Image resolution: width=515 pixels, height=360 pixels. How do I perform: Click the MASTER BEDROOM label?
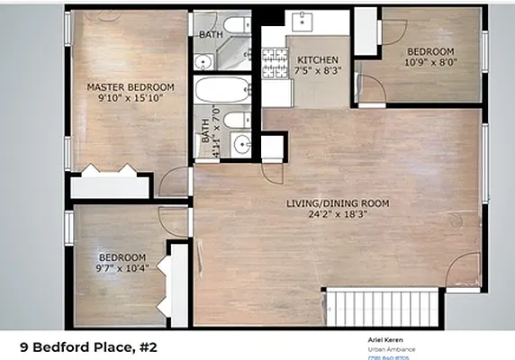pos(131,87)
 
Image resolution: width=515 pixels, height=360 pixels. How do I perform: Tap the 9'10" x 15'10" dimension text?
pos(131,99)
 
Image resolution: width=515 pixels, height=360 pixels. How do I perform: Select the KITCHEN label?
pos(317,60)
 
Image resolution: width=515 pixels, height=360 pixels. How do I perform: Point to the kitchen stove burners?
pos(273,60)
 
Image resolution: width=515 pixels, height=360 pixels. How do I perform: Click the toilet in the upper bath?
pos(236,25)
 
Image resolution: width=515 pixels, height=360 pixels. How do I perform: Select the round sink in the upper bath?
pos(203,62)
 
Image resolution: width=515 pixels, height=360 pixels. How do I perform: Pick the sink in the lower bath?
pos(239,143)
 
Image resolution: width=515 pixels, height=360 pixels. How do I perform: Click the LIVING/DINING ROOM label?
pos(338,204)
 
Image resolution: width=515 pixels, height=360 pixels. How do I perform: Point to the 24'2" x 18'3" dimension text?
pos(338,216)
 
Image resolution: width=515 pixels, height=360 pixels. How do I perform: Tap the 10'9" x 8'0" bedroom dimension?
pos(429,64)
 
